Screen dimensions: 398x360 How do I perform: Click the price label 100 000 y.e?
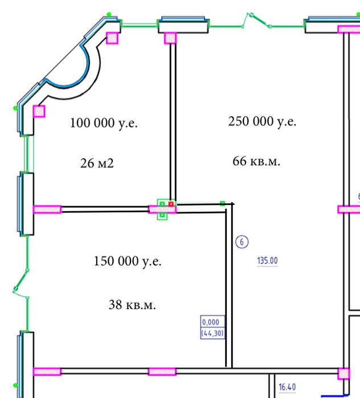pyautogui.click(x=104, y=122)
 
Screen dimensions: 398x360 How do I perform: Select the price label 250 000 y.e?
pyautogui.click(x=262, y=122)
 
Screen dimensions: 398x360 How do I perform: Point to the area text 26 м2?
pyautogui.click(x=97, y=164)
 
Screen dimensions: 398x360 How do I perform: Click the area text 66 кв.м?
pyautogui.click(x=256, y=161)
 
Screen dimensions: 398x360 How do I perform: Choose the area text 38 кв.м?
pyautogui.click(x=132, y=305)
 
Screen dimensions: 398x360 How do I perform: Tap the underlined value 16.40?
pyautogui.click(x=287, y=387)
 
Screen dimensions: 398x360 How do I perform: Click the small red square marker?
pyautogui.click(x=171, y=203)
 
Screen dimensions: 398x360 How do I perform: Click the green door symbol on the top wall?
pyautogui.click(x=256, y=22)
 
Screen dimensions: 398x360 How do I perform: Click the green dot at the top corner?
pyautogui.click(x=109, y=14)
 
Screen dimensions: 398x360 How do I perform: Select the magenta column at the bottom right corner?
pyautogui.click(x=343, y=374)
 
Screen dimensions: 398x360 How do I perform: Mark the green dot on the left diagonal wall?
pyautogui.click(x=15, y=107)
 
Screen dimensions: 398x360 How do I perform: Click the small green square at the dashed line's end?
pyautogui.click(x=223, y=203)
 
